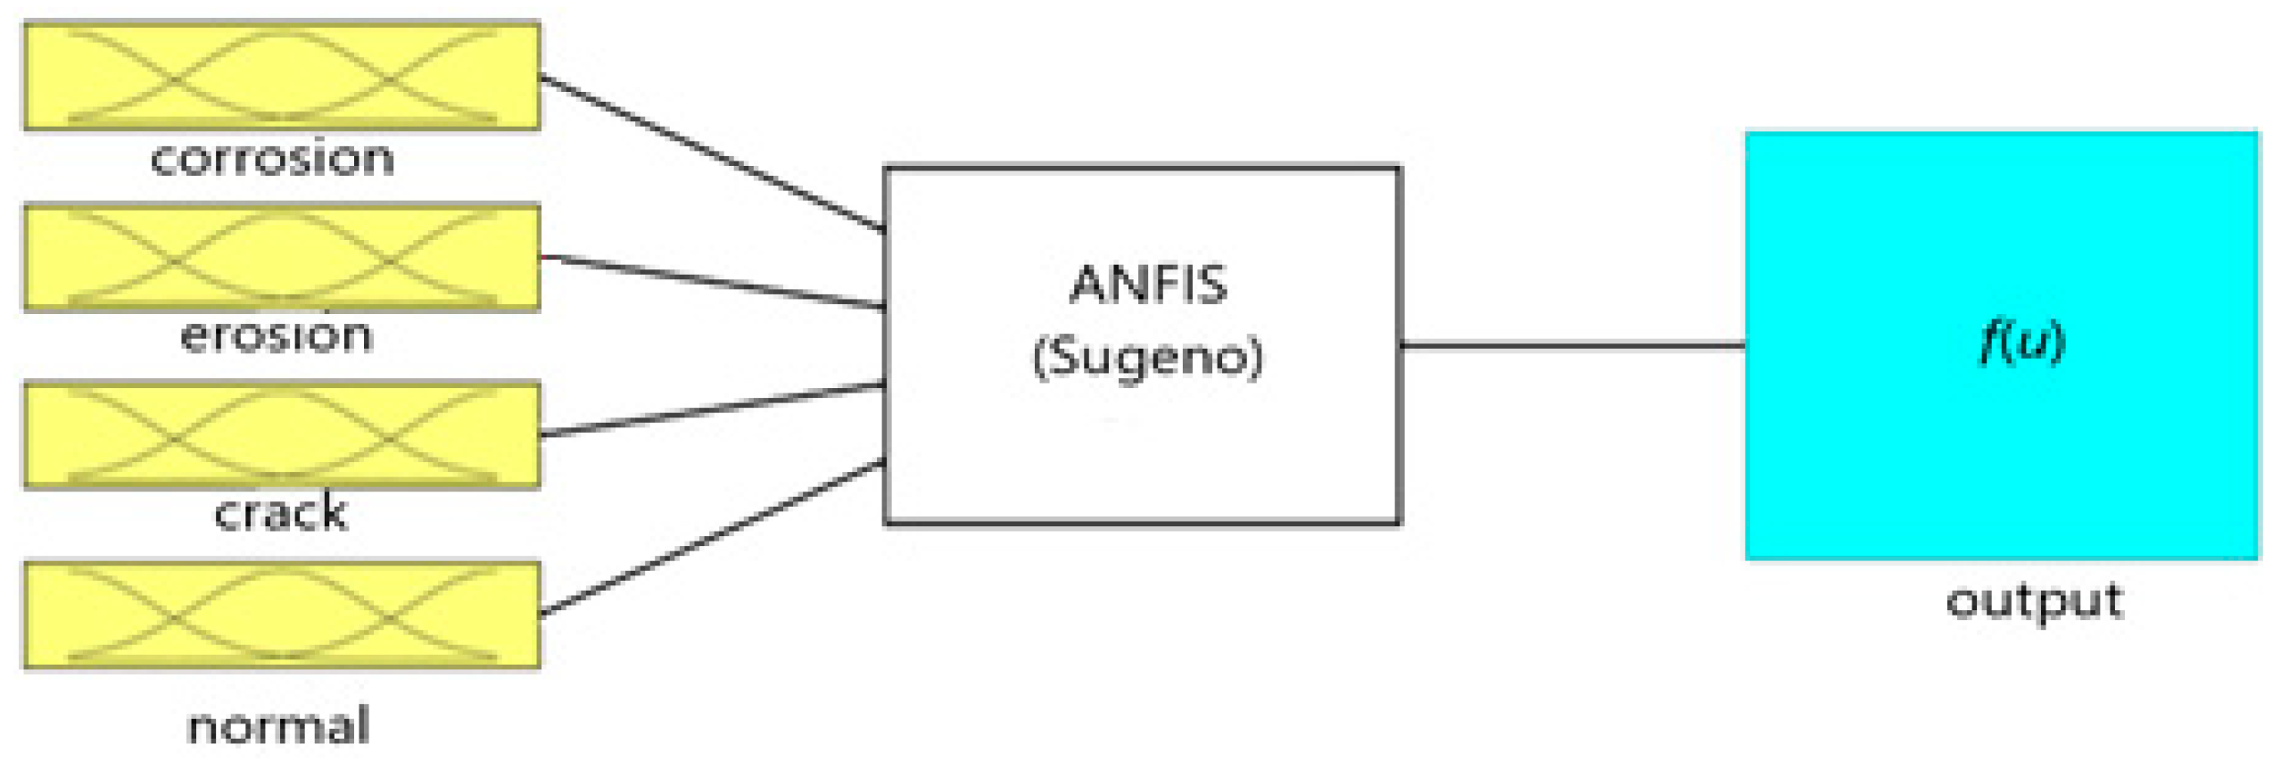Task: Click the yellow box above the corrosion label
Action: tap(281, 76)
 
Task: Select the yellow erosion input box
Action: tap(281, 257)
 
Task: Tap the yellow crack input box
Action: tap(281, 435)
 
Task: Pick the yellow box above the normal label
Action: tap(281, 615)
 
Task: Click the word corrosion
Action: tap(272, 159)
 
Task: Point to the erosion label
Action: tap(277, 335)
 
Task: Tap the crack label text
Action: tap(280, 513)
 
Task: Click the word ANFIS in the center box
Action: tap(1148, 285)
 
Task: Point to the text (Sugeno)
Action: tap(1148, 357)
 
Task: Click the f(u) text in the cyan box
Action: tap(2021, 341)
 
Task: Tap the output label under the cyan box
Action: tap(2034, 601)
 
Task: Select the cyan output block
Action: tap(2002, 446)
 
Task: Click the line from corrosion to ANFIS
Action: tap(712, 153)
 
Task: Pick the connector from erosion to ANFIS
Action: tap(712, 282)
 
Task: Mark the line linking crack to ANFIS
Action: tap(712, 409)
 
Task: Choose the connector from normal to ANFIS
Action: tap(712, 538)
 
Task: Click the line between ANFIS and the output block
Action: tap(1572, 344)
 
